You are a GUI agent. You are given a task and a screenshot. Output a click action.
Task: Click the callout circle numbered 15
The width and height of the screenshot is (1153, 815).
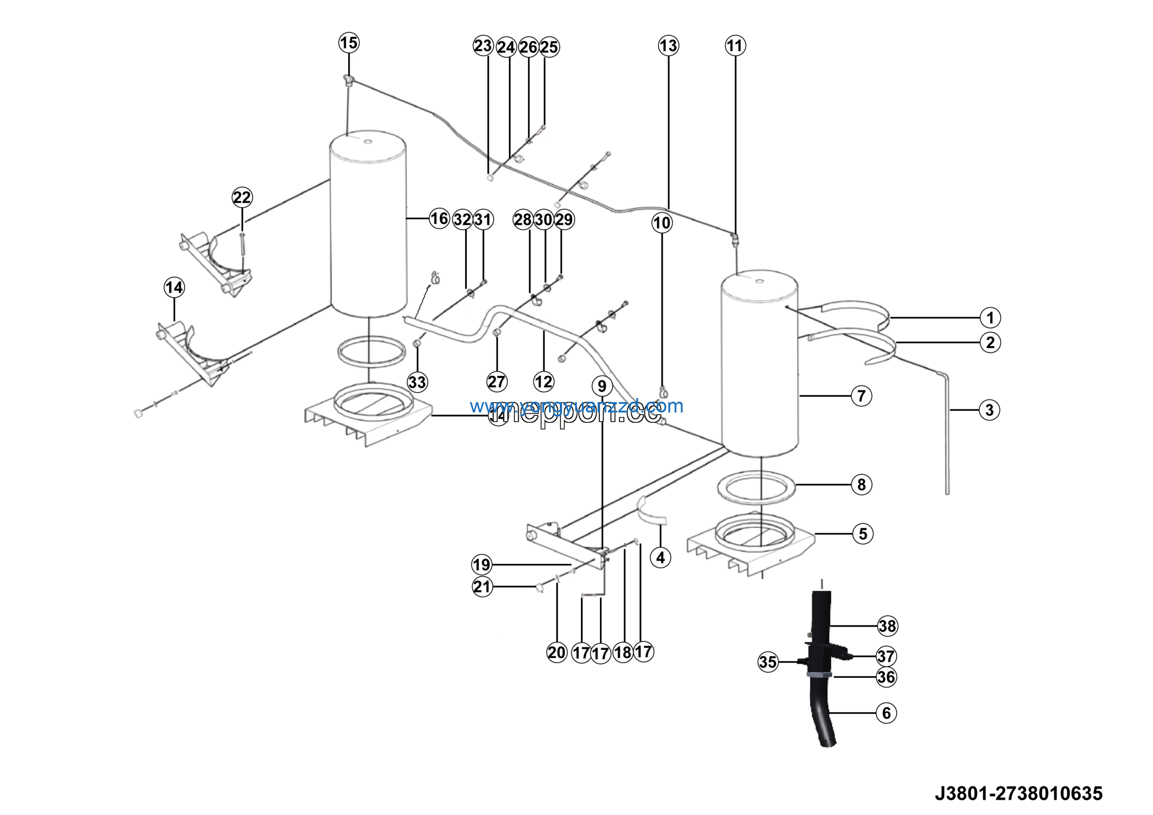(349, 43)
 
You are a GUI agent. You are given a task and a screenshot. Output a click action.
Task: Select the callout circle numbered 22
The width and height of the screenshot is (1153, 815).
(242, 197)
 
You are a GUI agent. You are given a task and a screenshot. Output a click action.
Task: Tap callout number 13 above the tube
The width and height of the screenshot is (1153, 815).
(668, 46)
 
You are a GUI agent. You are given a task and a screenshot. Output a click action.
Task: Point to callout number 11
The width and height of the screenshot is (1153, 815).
(735, 46)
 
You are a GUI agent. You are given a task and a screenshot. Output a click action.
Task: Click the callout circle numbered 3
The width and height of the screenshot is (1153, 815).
(990, 410)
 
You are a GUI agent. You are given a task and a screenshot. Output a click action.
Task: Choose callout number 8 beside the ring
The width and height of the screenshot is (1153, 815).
(861, 485)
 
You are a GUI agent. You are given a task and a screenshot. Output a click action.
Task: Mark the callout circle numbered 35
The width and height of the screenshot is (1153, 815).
(768, 662)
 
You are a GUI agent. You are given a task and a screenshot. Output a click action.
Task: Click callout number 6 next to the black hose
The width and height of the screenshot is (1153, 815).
(886, 713)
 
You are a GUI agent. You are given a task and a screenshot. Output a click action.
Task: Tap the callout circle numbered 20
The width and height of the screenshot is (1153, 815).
(556, 653)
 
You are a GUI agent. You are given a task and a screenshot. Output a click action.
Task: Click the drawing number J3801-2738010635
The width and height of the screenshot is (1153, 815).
(1018, 793)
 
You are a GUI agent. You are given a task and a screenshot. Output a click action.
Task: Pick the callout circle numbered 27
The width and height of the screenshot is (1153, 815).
(497, 382)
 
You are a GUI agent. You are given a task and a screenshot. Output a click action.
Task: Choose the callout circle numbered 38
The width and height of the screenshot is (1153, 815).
(887, 626)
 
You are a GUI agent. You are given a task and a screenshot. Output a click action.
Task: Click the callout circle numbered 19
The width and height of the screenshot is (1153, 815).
(481, 565)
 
